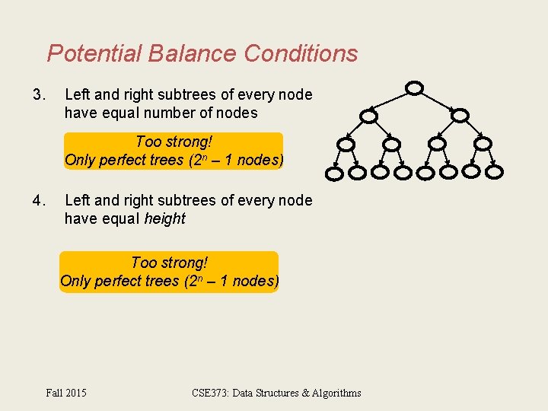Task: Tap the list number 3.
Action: point(39,95)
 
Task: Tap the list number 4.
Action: point(39,201)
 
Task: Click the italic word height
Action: point(164,219)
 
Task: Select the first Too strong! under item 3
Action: point(174,142)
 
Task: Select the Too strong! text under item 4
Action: point(169,263)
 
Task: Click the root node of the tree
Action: point(413,88)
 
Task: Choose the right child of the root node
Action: point(459,116)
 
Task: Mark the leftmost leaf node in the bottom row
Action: point(335,173)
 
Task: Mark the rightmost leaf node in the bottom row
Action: point(494,172)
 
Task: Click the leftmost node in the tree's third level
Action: point(346,144)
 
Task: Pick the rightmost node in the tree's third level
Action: point(483,143)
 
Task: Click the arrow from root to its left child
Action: point(391,102)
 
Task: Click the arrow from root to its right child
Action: point(436,102)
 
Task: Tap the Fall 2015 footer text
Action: point(66,393)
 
